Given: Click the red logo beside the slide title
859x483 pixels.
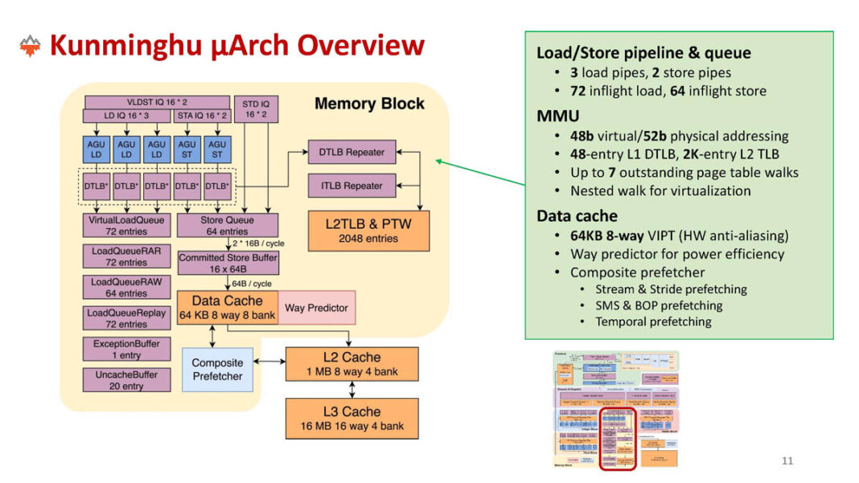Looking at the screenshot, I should click(x=30, y=46).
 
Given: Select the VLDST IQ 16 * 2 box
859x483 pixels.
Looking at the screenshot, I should click(x=157, y=103).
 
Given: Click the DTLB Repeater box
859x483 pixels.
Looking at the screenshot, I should click(x=352, y=151).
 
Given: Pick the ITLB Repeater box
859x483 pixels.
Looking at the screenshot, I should click(x=352, y=186).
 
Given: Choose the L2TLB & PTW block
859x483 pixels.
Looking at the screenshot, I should click(x=368, y=231).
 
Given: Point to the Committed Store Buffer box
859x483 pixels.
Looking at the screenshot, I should click(x=228, y=263).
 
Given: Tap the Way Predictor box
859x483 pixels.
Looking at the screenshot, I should click(x=316, y=308).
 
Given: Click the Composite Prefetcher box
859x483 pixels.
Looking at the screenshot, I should click(x=217, y=370).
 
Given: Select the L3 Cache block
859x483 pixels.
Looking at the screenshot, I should click(x=351, y=418).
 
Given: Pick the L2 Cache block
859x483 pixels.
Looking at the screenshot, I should click(x=351, y=363).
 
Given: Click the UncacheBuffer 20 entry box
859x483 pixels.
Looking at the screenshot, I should click(x=126, y=380).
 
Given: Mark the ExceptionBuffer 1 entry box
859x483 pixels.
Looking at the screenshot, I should click(x=126, y=350).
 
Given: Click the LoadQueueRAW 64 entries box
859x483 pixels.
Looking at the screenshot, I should click(x=126, y=288).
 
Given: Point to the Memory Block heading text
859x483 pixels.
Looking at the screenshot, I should click(x=368, y=104).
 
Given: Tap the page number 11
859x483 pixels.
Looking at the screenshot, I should click(x=787, y=460).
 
